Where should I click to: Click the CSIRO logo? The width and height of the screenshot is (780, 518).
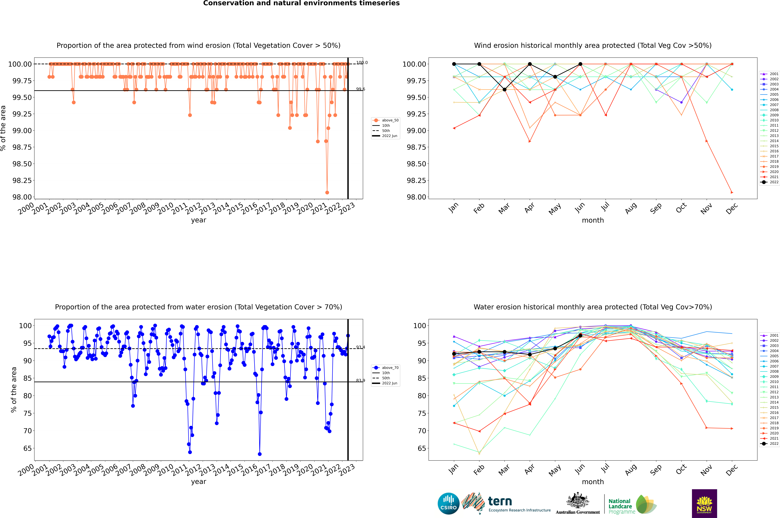pos(448,503)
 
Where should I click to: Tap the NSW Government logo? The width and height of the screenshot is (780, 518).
pos(704,503)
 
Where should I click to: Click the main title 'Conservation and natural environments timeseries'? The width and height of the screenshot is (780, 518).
pos(301,3)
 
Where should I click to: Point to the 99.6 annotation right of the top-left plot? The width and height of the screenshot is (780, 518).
pos(360,89)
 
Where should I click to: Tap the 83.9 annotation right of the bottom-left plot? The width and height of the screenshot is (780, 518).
pos(360,381)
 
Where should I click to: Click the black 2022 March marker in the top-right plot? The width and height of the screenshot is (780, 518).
pos(504,90)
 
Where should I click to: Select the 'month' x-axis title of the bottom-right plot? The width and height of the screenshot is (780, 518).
pos(593,482)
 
